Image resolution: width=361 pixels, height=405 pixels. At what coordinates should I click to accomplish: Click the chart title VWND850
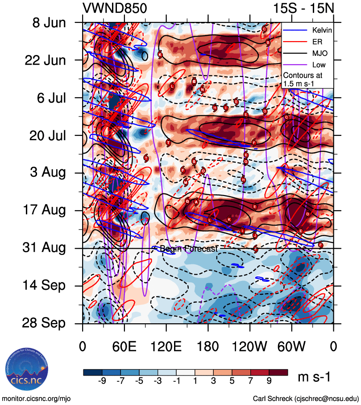115,8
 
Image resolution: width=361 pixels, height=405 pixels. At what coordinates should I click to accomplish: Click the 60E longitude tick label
124,346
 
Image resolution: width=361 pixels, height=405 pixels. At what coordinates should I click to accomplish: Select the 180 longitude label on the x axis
208,346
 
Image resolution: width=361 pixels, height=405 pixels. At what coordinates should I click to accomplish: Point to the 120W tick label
250,346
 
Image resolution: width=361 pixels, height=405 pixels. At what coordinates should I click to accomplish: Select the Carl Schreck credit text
306,398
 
